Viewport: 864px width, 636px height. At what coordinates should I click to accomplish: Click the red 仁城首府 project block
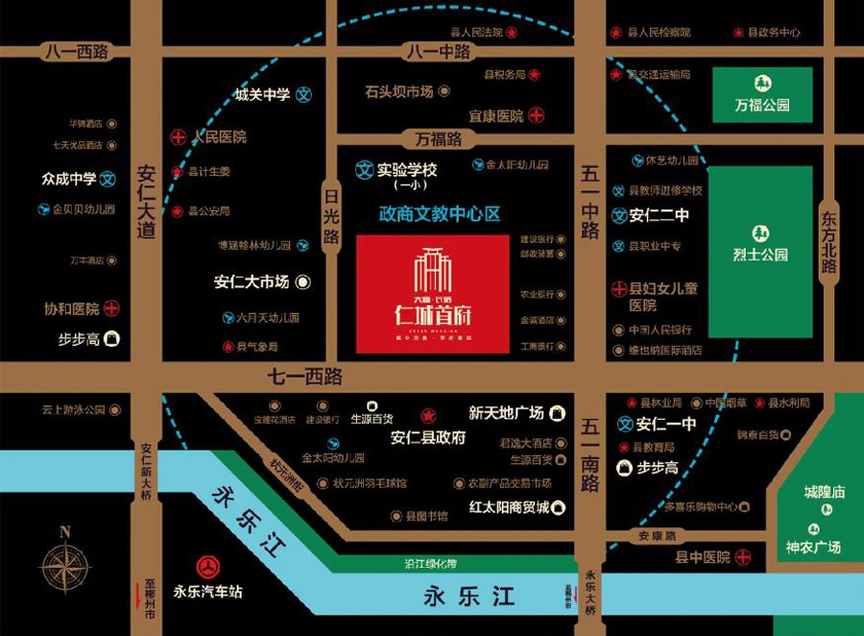pyautogui.click(x=432, y=293)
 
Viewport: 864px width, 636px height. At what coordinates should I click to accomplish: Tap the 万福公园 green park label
pyautogui.click(x=762, y=105)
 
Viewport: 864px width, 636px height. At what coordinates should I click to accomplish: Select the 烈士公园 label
pyautogui.click(x=759, y=255)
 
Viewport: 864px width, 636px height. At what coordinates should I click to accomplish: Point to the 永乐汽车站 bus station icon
pyautogui.click(x=207, y=567)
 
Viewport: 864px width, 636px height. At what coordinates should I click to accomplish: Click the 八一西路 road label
pyautogui.click(x=76, y=52)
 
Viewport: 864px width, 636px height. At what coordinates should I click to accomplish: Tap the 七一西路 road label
pyautogui.click(x=305, y=377)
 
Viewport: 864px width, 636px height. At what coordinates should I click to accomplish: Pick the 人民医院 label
pyautogui.click(x=219, y=136)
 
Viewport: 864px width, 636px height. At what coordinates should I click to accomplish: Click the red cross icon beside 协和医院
pyautogui.click(x=111, y=308)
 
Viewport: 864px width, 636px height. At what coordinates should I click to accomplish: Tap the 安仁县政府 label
pyautogui.click(x=428, y=437)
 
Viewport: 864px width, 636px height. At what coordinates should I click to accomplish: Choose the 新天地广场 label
pyautogui.click(x=506, y=413)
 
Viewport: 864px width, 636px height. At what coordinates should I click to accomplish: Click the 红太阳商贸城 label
pyautogui.click(x=509, y=507)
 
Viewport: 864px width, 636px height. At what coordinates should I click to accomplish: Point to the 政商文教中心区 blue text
pyautogui.click(x=440, y=214)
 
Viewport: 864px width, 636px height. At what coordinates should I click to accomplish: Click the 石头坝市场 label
pyautogui.click(x=398, y=91)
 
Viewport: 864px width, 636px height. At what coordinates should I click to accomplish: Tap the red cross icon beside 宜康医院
pyautogui.click(x=537, y=115)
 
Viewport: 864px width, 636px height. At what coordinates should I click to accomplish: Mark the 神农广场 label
pyautogui.click(x=813, y=547)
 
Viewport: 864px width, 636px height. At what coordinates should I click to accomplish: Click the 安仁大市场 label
pyautogui.click(x=252, y=282)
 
